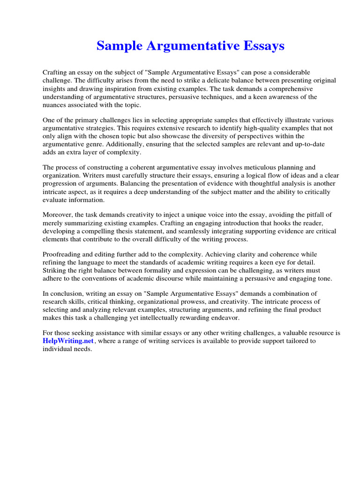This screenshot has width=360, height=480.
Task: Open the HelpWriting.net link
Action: coord(68,341)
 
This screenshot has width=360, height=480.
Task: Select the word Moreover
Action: coord(58,214)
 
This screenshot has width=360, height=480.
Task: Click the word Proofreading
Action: coord(63,254)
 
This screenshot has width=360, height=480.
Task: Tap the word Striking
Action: coord(54,270)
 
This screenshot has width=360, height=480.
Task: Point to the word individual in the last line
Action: coord(57,349)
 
